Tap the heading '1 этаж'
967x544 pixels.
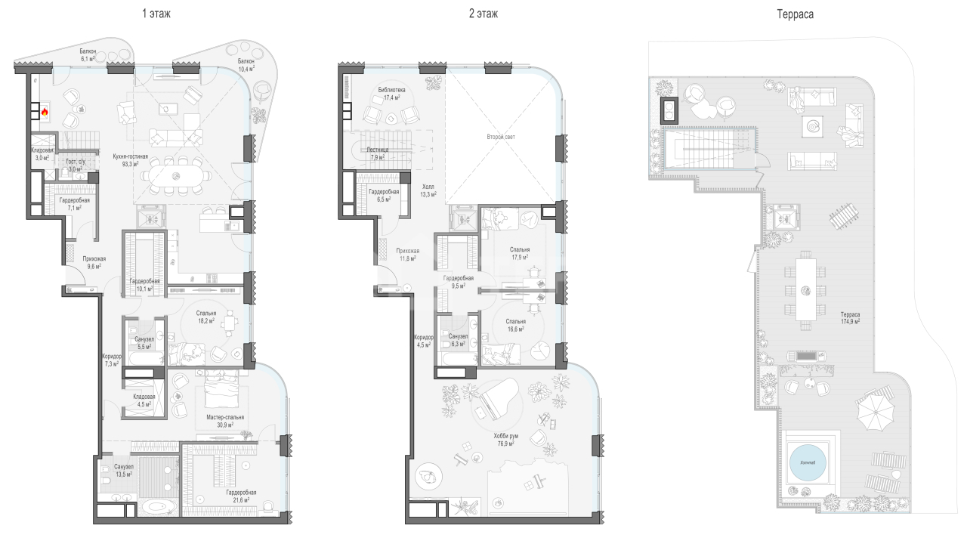point(156,14)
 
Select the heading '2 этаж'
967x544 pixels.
point(483,14)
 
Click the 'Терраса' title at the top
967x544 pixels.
point(796,14)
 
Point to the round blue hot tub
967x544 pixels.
point(808,463)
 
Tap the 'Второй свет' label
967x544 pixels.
point(501,137)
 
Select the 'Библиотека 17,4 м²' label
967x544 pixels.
point(391,94)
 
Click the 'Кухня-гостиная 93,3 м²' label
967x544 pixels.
point(131,160)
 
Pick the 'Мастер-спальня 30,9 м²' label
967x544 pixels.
point(225,421)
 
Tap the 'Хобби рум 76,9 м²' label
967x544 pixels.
point(506,440)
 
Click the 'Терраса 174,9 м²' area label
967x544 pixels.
point(850,318)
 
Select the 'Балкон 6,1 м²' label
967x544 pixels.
point(88,55)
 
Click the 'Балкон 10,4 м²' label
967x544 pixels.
point(246,65)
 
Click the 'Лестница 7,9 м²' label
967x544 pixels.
point(377,153)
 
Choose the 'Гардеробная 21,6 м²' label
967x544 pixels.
point(241,496)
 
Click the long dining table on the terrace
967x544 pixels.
point(805,289)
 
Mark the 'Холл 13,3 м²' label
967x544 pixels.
point(428,190)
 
